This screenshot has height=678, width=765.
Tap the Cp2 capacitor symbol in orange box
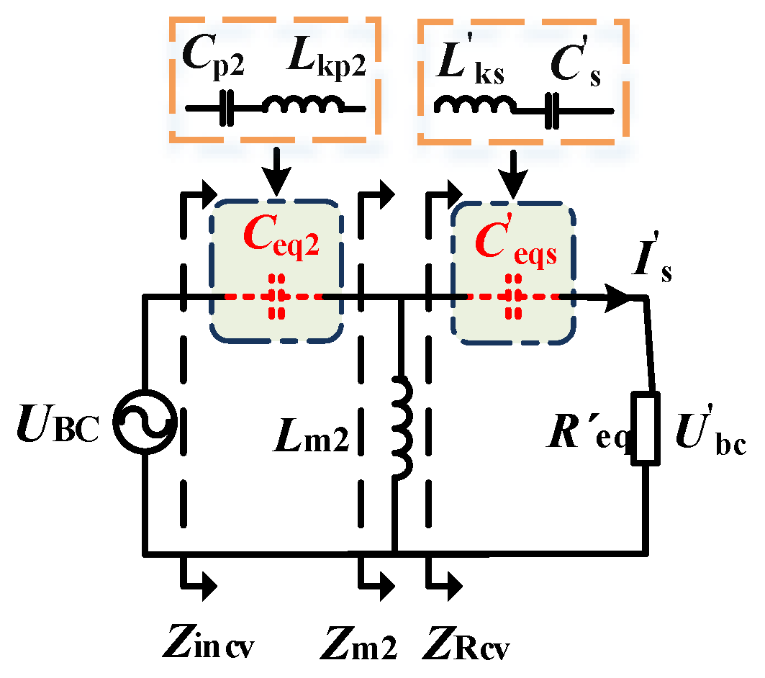pyautogui.click(x=227, y=109)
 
